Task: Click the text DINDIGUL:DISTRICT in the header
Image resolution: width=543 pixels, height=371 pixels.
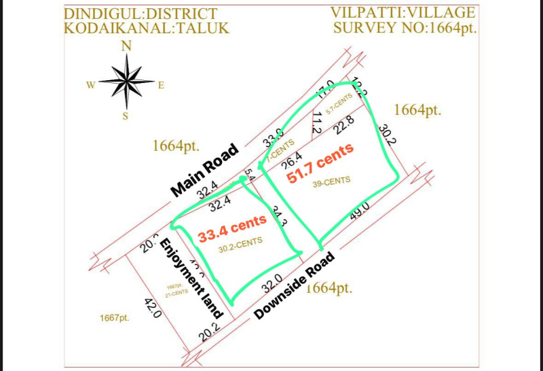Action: (141, 14)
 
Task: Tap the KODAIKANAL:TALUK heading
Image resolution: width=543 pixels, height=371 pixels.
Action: (147, 29)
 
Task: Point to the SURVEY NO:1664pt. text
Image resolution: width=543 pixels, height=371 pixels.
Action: (406, 28)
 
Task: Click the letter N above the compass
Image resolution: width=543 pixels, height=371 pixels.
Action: (126, 46)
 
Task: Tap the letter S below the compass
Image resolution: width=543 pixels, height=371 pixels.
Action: (126, 116)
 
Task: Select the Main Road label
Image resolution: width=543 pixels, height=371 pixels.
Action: (205, 170)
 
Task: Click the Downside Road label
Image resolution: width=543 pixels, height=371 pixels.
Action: (295, 285)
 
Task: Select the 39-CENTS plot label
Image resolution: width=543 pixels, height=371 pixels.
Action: (332, 181)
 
